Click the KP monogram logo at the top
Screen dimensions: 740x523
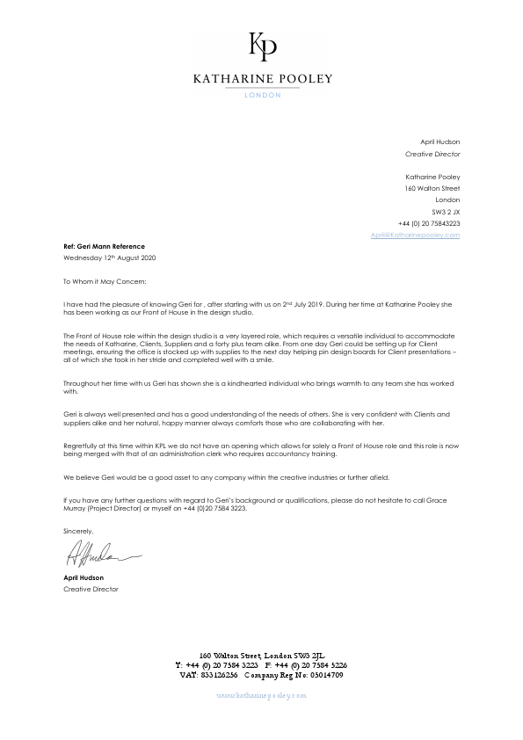coord(262,46)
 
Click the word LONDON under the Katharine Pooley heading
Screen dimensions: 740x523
coord(262,95)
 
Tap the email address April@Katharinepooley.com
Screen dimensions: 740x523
coord(415,235)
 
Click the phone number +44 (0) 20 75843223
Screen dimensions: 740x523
coord(428,223)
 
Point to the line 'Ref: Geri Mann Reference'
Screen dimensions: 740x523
coord(104,246)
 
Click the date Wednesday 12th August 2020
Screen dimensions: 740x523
coord(109,258)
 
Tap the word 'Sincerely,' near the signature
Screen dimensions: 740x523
coord(78,532)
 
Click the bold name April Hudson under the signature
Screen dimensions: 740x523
coord(84,577)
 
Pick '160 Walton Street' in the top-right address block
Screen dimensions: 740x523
coord(432,188)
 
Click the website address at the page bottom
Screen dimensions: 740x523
coord(261,694)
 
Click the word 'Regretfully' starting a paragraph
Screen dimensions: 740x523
coord(81,446)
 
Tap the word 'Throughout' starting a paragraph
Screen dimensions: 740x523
coord(82,383)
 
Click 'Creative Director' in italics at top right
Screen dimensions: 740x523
coord(432,154)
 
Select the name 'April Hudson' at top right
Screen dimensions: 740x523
coord(439,141)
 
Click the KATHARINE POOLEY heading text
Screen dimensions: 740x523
coord(262,78)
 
